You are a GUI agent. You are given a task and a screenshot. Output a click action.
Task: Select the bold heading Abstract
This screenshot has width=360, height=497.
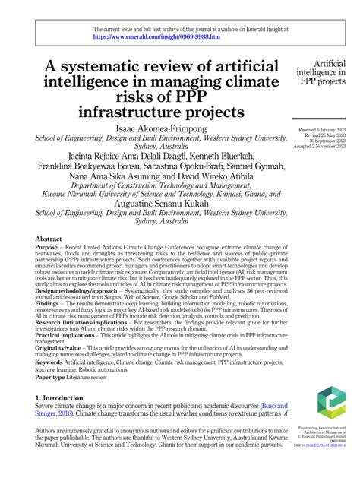click(x=49, y=239)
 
